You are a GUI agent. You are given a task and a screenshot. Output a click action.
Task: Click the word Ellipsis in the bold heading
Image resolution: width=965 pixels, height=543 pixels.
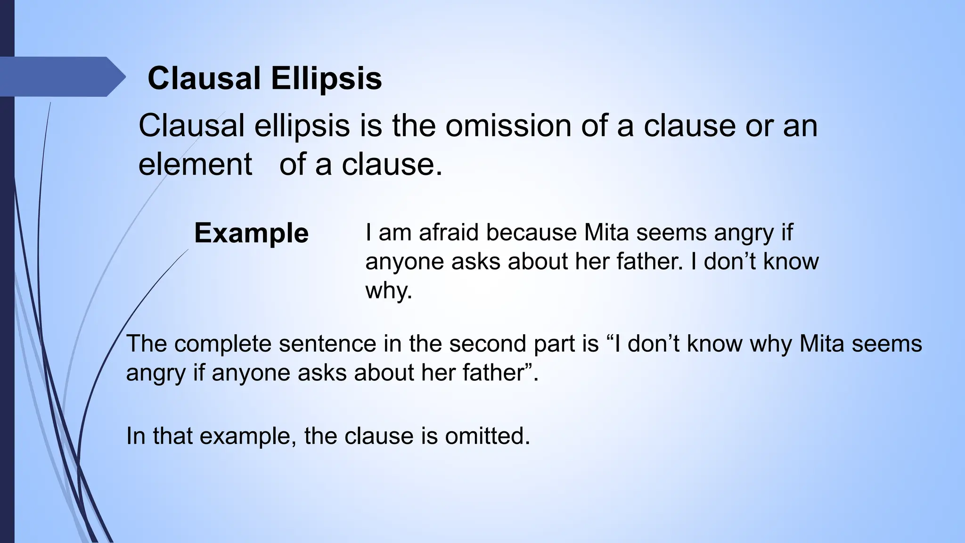[326, 78]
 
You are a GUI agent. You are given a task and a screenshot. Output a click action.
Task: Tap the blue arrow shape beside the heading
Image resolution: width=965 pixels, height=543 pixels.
[61, 76]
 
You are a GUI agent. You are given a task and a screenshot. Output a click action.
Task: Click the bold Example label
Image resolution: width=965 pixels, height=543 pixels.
[251, 233]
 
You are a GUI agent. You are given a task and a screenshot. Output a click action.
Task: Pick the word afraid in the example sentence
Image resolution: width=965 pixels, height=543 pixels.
[450, 232]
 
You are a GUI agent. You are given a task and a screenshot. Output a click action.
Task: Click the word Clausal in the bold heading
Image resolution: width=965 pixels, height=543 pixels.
[204, 78]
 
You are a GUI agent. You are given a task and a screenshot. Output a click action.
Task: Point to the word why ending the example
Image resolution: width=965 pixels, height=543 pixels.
[388, 290]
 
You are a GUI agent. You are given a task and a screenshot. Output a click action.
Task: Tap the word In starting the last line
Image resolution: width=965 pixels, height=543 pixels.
[136, 436]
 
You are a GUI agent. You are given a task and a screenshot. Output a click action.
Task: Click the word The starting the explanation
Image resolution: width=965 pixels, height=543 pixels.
[147, 344]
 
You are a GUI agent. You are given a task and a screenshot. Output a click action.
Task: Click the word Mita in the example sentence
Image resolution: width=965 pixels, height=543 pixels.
[605, 232]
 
